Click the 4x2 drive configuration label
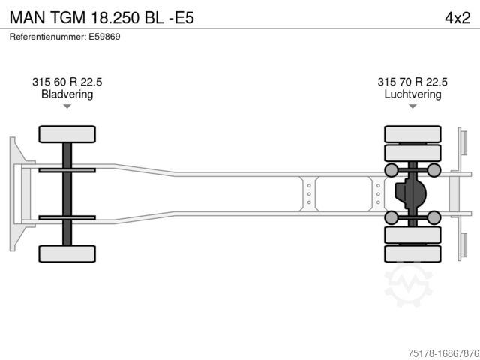pos(457,18)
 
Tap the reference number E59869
pos(104,37)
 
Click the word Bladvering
pos(67,94)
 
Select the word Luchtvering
pos(412,94)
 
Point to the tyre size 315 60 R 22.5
pos(67,82)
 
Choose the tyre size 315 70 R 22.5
pos(412,82)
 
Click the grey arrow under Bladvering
pos(67,106)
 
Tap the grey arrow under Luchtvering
pos(412,106)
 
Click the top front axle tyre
pos(67,134)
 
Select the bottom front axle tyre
pos(67,253)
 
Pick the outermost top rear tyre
pos(412,134)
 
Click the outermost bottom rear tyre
pos(412,253)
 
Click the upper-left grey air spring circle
pos(391,170)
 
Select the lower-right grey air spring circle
pos(433,217)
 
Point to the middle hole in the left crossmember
pos(309,194)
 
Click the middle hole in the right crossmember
pos(378,194)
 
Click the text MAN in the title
pos(27,18)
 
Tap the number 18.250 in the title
pos(115,18)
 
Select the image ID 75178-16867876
pos(443,353)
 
